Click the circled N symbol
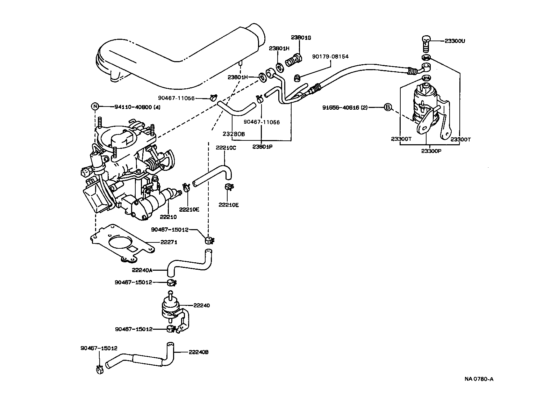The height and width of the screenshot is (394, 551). [x=95, y=107]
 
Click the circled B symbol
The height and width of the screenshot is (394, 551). [x=387, y=107]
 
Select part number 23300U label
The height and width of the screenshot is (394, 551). [x=455, y=41]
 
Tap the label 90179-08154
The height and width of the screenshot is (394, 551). [x=330, y=56]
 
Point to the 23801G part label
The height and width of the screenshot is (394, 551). [x=300, y=37]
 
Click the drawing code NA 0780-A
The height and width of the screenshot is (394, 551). [x=479, y=379]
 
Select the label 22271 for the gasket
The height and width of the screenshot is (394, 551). [x=169, y=242]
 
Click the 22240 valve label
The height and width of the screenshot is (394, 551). [x=201, y=305]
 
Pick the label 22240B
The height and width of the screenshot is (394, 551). [x=199, y=352]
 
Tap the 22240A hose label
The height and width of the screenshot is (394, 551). [x=142, y=270]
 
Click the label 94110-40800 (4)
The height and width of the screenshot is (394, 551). [x=137, y=107]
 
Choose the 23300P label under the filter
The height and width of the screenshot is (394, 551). [x=431, y=151]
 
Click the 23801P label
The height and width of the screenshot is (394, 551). [x=262, y=147]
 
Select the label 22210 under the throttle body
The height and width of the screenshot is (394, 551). [x=169, y=217]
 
